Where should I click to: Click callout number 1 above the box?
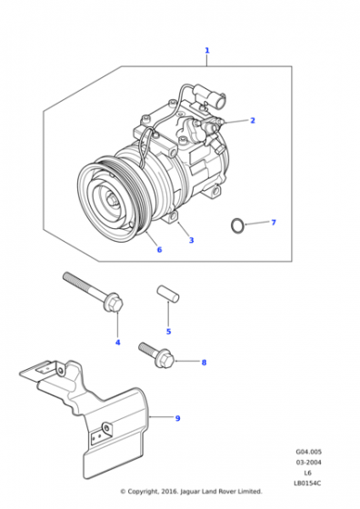pos(207,50)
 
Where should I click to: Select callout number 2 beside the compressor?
pos(253,120)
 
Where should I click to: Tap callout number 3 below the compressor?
pos(192,240)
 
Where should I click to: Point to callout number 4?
pos(118,342)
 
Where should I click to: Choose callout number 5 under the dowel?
pos(168,332)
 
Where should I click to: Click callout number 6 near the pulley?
pos(159,249)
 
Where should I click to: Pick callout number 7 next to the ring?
pos(274,222)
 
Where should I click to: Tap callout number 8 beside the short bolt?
pos(204,363)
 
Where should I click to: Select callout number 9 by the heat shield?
pos(177,418)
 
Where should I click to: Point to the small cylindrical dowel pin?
pos(168,294)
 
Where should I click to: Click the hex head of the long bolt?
pos(114,303)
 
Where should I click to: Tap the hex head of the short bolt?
pos(165,361)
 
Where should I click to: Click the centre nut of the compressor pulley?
pos(114,201)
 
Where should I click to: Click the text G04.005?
pos(309,452)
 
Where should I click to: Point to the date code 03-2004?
pos(308,462)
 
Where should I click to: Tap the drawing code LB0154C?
pos(307,483)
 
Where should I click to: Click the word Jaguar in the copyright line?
pos(190,492)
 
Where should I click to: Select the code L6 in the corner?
pos(308,473)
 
